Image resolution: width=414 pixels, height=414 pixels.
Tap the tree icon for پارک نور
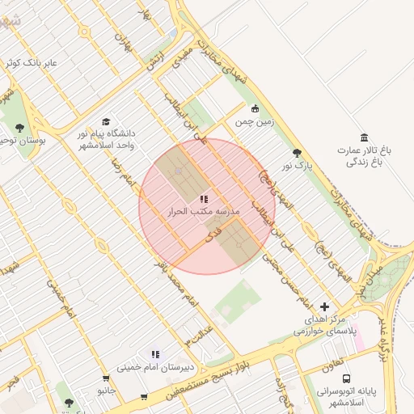point(297,153)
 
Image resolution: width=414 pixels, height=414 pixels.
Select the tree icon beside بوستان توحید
point(19,128)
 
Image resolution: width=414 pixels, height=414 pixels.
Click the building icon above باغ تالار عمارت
point(364,136)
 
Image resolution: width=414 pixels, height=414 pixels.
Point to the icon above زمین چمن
point(256,108)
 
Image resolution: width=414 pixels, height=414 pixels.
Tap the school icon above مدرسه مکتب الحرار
point(203,198)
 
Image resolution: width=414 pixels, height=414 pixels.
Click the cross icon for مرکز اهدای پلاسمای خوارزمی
point(325,306)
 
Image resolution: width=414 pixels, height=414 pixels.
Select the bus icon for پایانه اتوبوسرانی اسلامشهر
point(346,378)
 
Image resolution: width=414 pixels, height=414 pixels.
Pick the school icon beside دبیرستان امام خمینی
point(154,354)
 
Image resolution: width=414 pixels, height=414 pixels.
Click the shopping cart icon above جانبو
point(106,378)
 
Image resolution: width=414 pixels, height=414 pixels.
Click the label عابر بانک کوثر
point(32,61)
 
